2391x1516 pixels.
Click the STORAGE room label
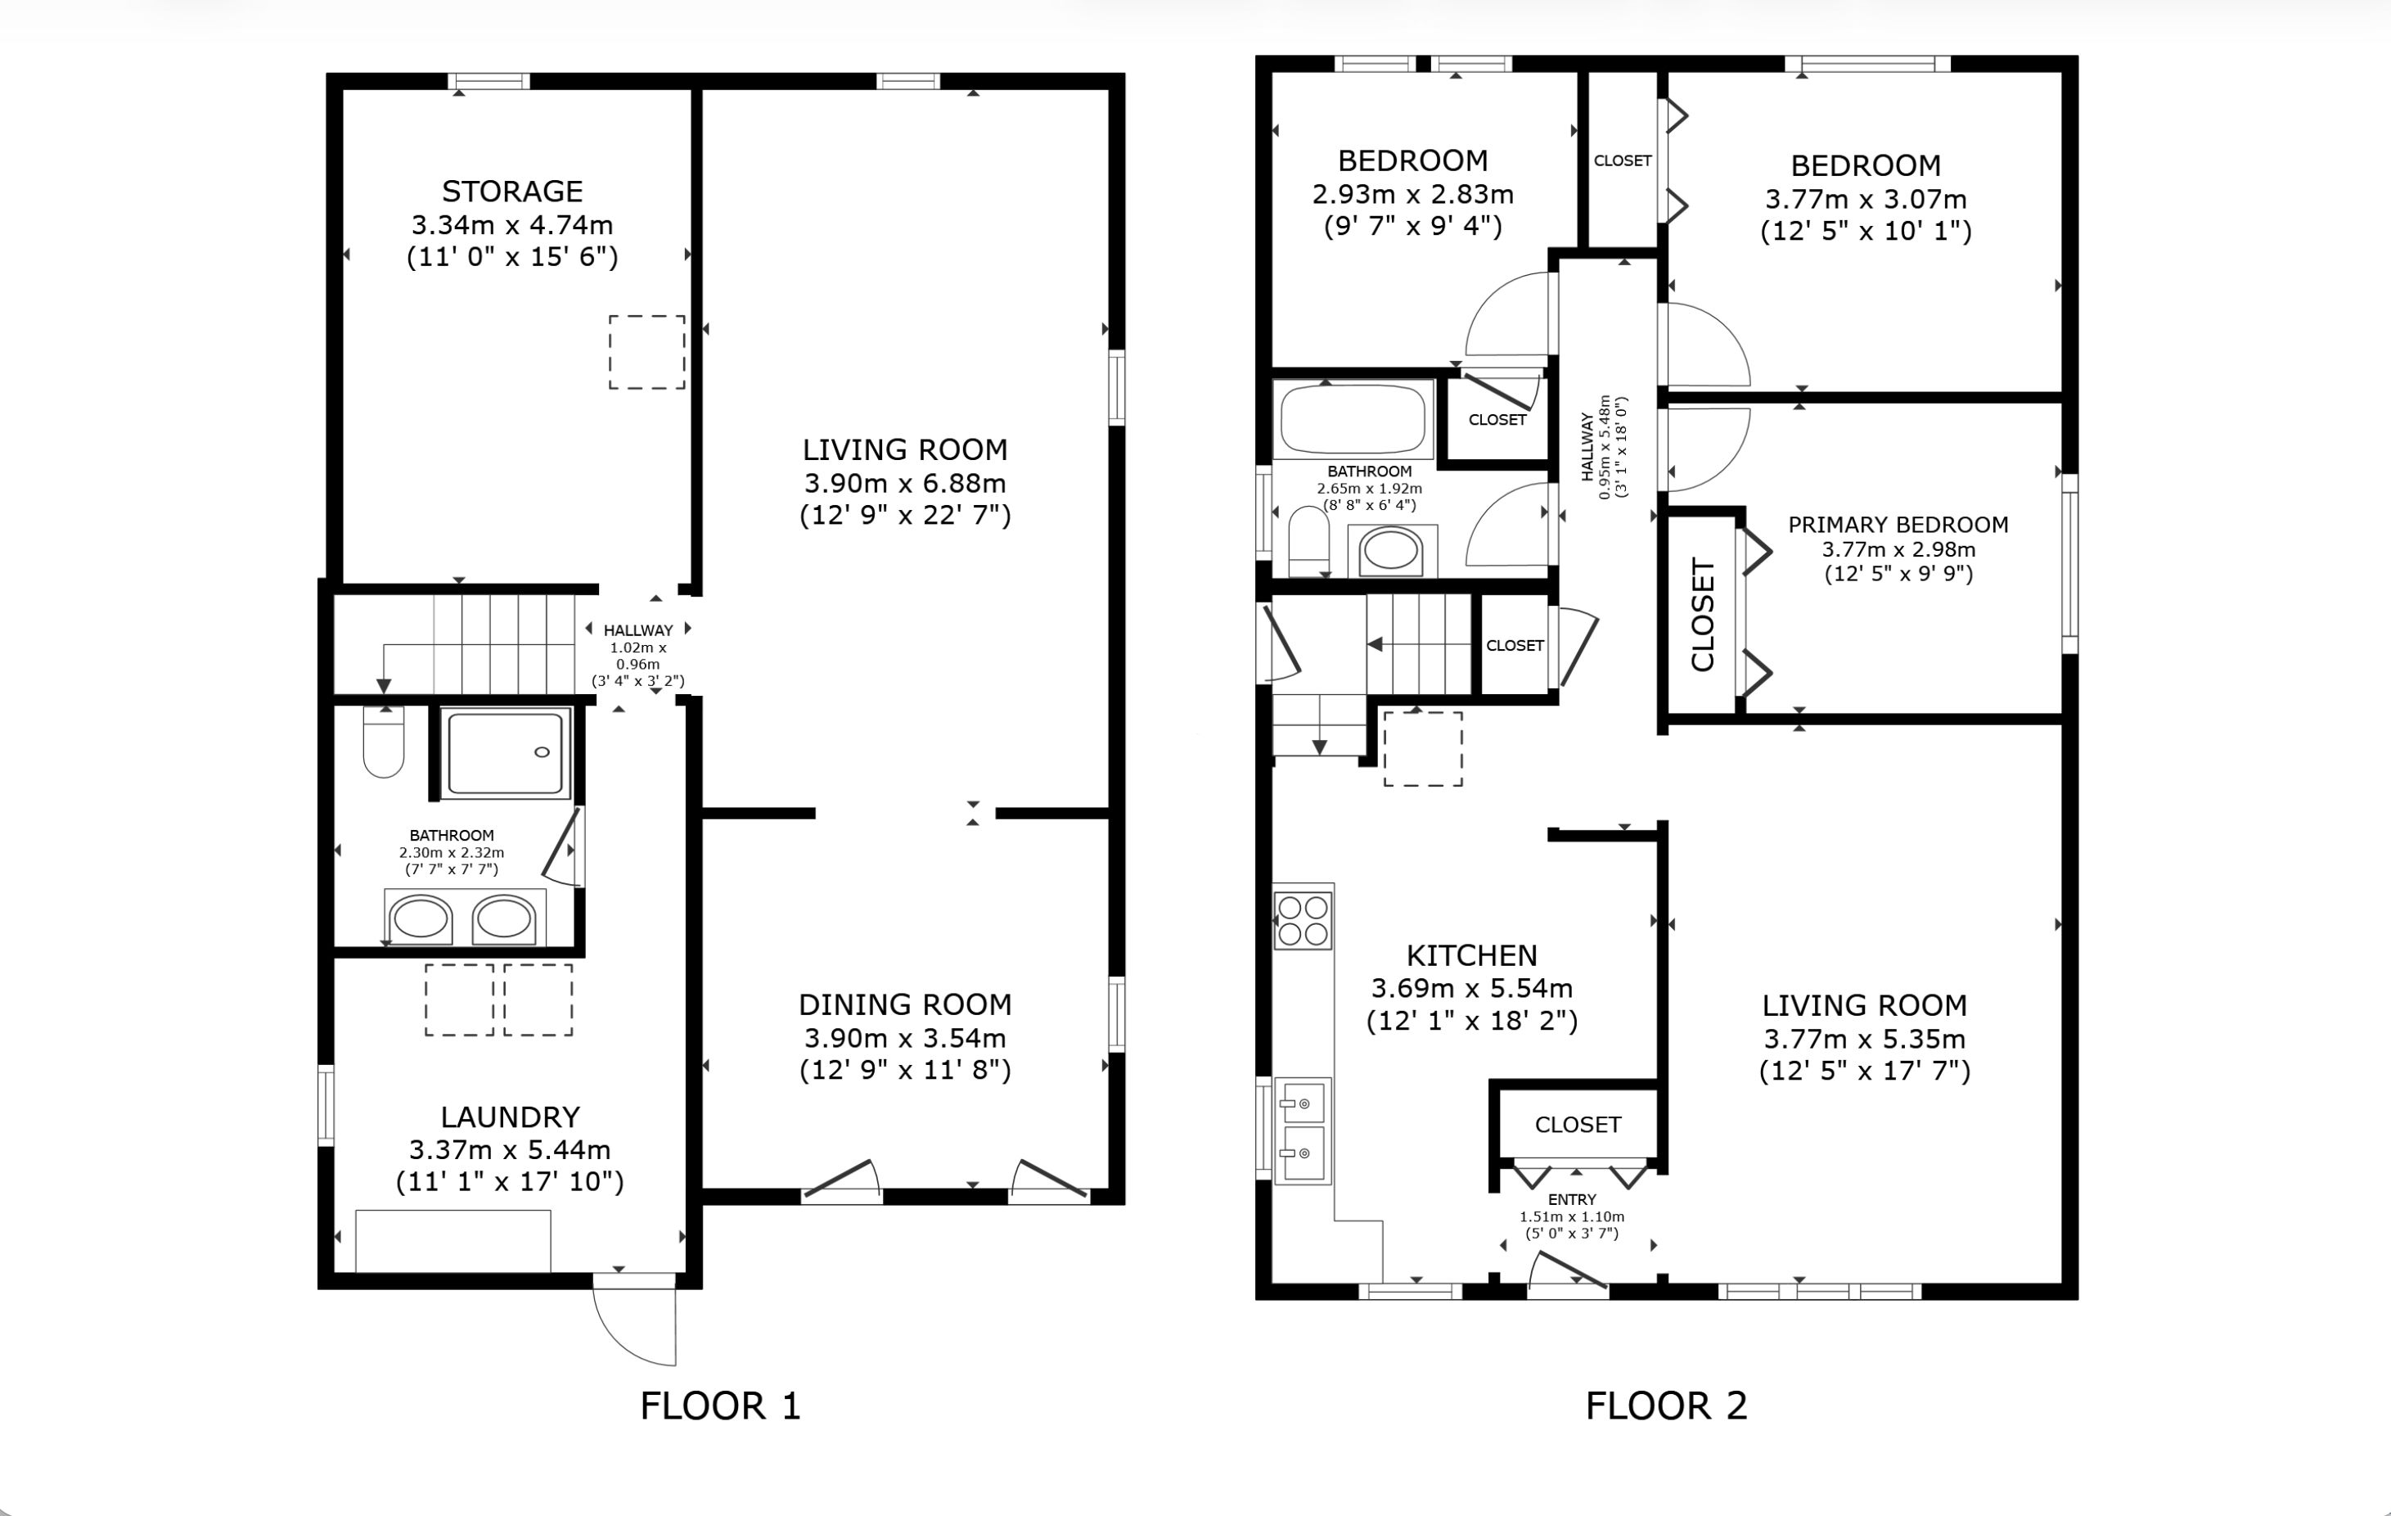[512, 191]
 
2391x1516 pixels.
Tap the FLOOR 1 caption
[720, 1405]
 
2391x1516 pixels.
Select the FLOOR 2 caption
[1666, 1405]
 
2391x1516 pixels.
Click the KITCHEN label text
[1471, 956]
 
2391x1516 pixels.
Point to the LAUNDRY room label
[511, 1117]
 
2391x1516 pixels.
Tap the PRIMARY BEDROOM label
[1898, 525]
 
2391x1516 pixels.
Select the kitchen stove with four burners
[1303, 920]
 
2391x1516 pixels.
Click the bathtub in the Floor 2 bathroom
[1353, 419]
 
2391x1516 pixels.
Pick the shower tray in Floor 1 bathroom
[506, 752]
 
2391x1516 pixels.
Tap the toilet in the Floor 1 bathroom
[383, 741]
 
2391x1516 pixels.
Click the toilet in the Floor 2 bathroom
[1308, 541]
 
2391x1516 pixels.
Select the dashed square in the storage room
[646, 352]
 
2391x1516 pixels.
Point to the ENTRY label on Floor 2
[1572, 1199]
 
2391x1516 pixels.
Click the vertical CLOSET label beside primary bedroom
[1703, 614]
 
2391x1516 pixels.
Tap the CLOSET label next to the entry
[1578, 1125]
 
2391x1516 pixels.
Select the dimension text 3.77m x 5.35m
[1865, 1039]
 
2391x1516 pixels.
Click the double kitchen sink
[1303, 1130]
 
